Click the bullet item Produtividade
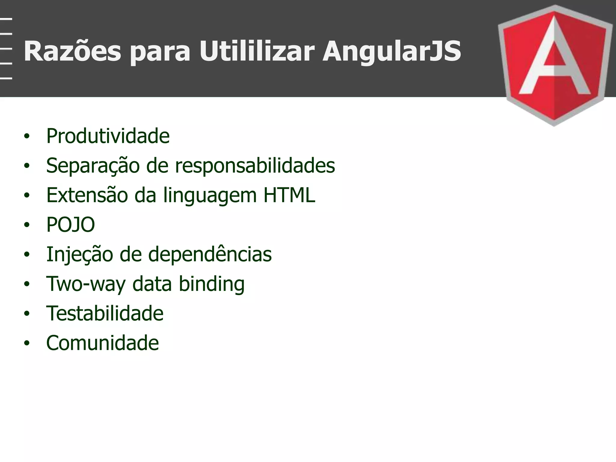pos(108,136)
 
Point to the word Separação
pos(93,166)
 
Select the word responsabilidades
pos(255,166)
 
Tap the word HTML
pos(289,195)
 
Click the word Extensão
pos(87,195)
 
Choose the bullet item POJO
pos(70,225)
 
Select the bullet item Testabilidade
pos(105,313)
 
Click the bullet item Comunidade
pos(102,343)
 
